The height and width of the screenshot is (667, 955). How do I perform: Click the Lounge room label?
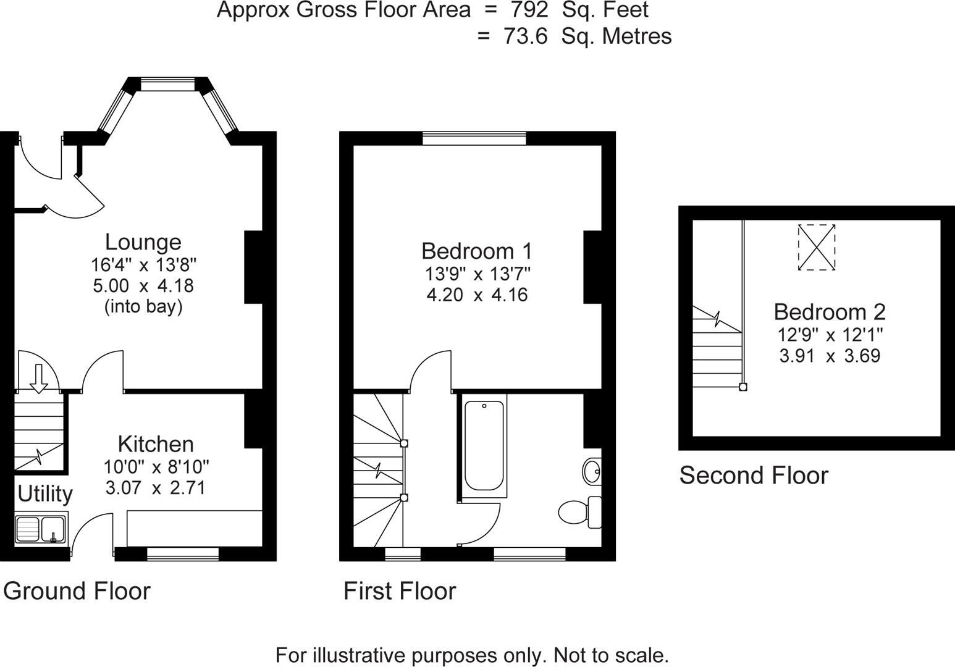coord(143,242)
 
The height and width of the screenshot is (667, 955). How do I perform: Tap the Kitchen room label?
coord(156,444)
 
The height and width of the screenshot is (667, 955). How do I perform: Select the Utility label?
coord(45,494)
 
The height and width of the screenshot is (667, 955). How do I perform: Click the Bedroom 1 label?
coord(476,251)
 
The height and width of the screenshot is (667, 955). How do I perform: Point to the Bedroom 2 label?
coord(830,311)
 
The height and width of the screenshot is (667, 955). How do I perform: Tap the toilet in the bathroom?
coord(579,512)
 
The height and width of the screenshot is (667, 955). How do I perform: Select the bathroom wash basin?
coord(591,472)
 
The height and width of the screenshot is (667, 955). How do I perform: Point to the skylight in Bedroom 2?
coord(816,247)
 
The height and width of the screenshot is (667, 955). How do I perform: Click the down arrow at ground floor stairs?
coord(38,378)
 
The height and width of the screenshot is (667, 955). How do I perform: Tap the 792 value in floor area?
coord(529,10)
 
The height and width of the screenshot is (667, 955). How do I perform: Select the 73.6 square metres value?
coord(526,36)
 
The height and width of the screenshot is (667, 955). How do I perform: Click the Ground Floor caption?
coord(77,591)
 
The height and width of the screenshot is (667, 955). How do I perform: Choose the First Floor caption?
coord(400,591)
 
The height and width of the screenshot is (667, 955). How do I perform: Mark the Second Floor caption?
coord(754,476)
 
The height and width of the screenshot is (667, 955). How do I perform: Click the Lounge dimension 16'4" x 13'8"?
coord(143,265)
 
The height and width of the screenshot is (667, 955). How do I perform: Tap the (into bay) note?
coord(143,306)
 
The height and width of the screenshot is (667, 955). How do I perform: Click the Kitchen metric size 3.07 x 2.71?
coord(156,489)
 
